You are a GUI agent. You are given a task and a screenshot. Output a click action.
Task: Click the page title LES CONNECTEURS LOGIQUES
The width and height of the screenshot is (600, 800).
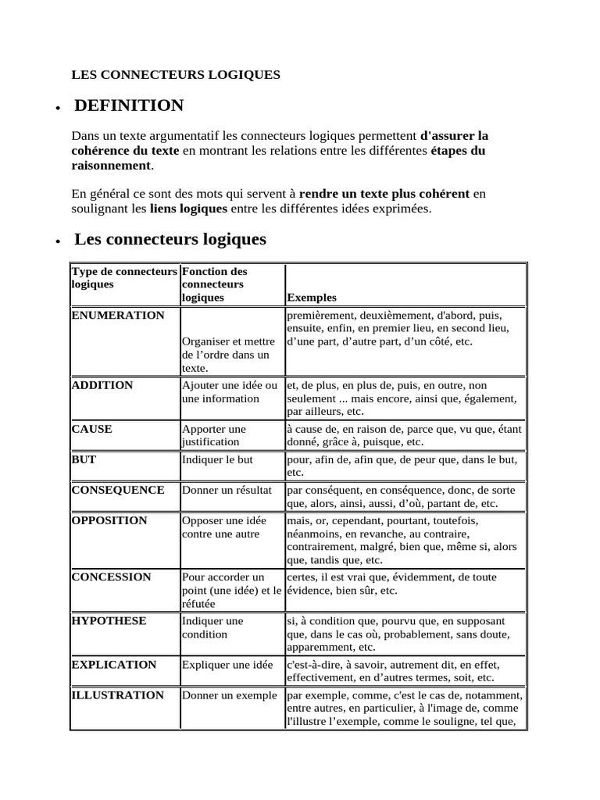coord(176,75)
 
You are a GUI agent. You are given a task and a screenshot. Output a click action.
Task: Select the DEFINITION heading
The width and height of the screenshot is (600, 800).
coord(129,105)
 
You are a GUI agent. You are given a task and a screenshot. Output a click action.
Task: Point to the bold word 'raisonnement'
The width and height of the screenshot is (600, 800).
coord(111,166)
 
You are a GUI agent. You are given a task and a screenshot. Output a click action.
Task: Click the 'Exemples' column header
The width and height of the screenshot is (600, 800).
coord(312,298)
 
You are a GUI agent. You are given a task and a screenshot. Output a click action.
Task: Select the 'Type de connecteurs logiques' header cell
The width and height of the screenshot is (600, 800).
coord(124,278)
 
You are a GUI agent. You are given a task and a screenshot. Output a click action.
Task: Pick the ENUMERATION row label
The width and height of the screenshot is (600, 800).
coord(118,316)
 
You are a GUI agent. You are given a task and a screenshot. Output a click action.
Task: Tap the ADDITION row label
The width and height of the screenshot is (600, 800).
coord(102,385)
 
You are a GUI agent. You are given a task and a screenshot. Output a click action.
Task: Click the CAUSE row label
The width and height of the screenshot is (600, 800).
coord(92,429)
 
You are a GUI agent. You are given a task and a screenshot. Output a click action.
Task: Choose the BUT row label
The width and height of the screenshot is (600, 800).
coord(84,459)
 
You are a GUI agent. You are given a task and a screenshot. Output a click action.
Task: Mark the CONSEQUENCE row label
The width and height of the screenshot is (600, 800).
coord(118,490)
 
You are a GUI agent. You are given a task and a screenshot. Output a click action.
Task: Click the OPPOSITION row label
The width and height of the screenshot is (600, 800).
coord(109,520)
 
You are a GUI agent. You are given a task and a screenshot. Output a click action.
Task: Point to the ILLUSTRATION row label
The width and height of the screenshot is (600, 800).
coord(118,695)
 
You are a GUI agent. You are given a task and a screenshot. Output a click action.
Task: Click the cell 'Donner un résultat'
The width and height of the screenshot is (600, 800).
coord(227,490)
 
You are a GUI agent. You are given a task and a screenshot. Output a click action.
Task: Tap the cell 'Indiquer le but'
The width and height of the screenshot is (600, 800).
coord(218,459)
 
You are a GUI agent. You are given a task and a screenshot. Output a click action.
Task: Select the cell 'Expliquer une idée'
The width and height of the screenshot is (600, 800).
coord(227,665)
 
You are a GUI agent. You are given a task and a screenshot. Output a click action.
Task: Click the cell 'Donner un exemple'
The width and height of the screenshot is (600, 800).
coord(230,695)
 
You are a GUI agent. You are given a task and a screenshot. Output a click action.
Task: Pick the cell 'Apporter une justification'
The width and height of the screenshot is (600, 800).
coord(216,435)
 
